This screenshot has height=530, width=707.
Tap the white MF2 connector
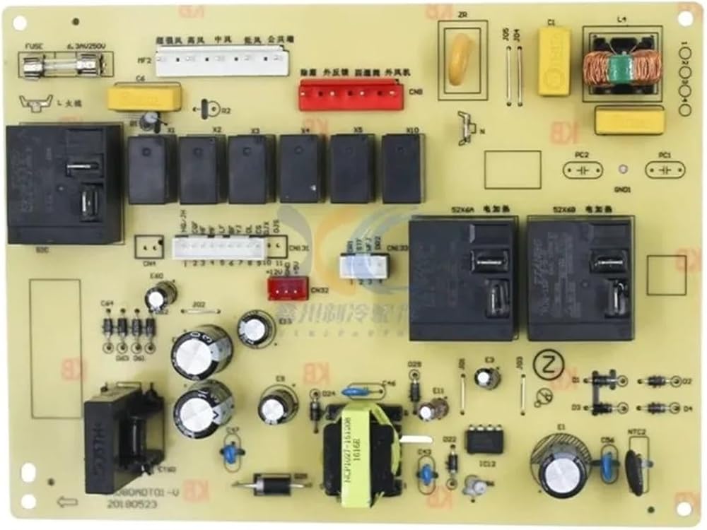(x=222, y=61)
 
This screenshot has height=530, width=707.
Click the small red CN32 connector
(x=288, y=288)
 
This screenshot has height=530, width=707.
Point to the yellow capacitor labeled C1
(x=554, y=62)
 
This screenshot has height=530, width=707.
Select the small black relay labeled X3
(x=251, y=169)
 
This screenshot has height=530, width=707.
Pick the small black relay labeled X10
(x=402, y=169)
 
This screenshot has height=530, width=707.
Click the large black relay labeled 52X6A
(x=463, y=278)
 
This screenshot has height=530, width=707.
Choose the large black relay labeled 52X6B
(x=578, y=278)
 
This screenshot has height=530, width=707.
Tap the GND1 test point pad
(x=622, y=170)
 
